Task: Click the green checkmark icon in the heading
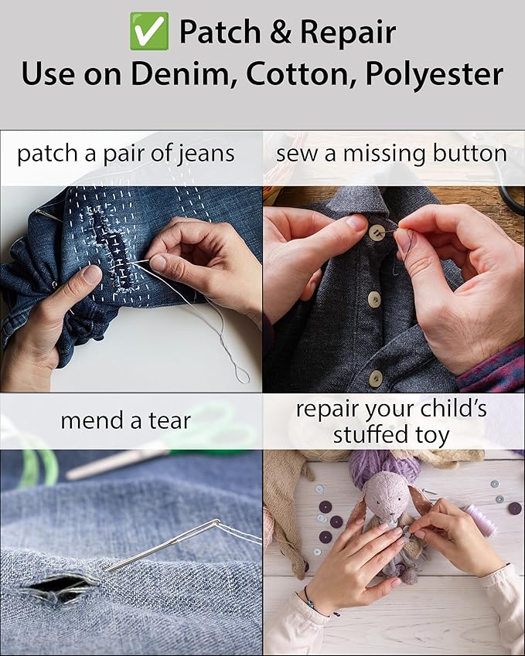[x=149, y=31]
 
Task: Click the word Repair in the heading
[x=349, y=33]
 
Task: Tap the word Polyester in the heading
[x=435, y=75]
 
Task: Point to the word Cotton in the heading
[x=302, y=74]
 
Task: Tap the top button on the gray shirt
[x=377, y=233]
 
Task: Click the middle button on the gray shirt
[x=374, y=300]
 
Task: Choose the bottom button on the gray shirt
[x=376, y=379]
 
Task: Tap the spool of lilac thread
[x=481, y=519]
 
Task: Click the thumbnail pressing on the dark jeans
[x=92, y=274]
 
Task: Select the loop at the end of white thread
[x=243, y=375]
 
